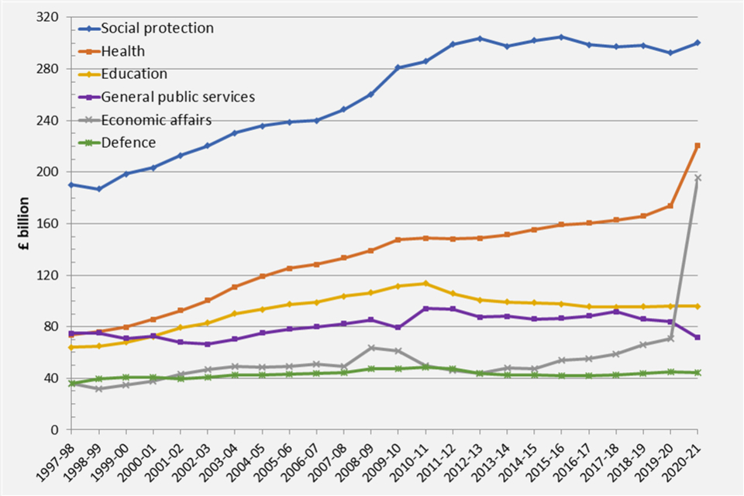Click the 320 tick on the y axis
coord(52,17)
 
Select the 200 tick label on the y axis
coord(52,172)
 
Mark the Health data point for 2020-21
coord(697,146)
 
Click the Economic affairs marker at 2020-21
coord(697,178)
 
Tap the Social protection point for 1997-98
coord(71,184)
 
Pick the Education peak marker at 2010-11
coord(425,283)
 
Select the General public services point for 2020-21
coord(697,337)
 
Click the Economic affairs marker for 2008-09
coord(371,348)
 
